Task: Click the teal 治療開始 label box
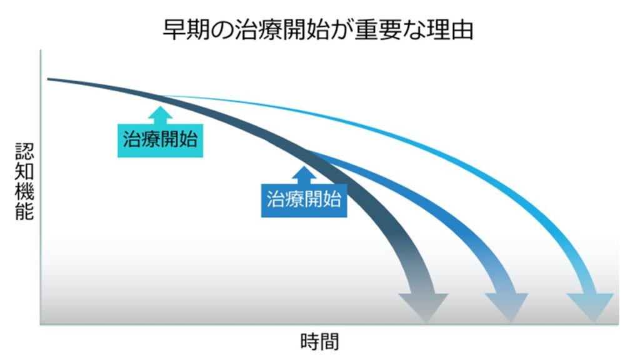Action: click(x=160, y=139)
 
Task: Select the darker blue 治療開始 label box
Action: click(x=304, y=199)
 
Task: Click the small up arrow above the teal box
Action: click(x=161, y=114)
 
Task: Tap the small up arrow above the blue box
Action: click(x=304, y=173)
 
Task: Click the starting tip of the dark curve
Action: click(x=49, y=79)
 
